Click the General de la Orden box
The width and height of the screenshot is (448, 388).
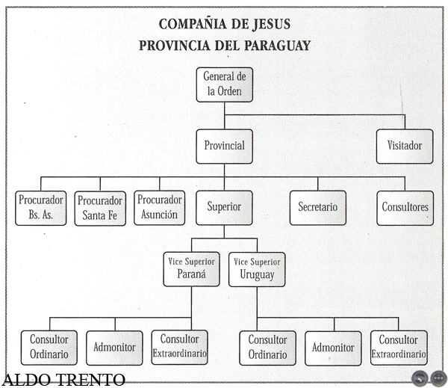[x=225, y=85]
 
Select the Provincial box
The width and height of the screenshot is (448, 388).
[x=225, y=146]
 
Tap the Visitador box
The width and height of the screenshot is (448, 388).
[x=405, y=146]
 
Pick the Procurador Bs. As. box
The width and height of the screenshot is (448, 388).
[x=41, y=208]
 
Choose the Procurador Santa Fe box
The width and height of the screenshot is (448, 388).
[x=100, y=208]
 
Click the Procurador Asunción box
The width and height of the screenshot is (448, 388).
[x=160, y=207]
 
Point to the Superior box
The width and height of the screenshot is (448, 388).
[x=225, y=208]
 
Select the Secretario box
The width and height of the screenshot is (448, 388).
[x=318, y=208]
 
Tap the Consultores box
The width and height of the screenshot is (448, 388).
[x=405, y=208]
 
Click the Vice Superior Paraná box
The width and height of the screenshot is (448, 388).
[x=191, y=268]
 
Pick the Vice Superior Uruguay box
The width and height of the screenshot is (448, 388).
[x=257, y=268]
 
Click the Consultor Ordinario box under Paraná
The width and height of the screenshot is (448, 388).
[x=49, y=347]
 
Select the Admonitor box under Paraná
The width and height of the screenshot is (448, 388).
[x=114, y=348]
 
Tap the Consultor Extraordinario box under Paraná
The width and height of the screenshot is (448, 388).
[x=179, y=347]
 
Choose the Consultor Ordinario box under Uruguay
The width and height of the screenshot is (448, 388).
[x=267, y=348]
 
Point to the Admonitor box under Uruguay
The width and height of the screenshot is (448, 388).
[x=334, y=348]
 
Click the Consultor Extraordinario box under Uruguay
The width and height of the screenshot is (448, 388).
[x=399, y=348]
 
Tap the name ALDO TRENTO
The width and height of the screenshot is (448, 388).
[x=63, y=380]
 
